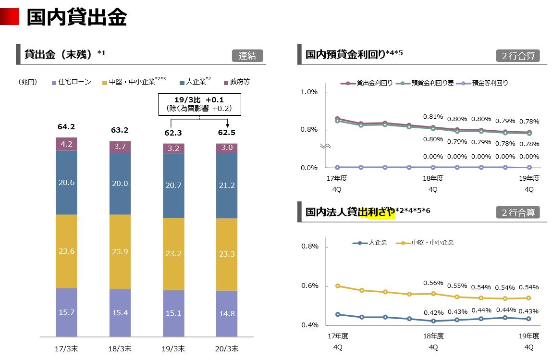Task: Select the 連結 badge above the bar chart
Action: point(247,56)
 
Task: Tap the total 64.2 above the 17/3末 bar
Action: point(66,127)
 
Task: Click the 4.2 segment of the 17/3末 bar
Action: point(66,144)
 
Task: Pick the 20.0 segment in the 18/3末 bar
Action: point(120,183)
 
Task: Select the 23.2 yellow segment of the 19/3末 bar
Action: point(173,253)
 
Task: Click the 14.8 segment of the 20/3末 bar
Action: point(226,314)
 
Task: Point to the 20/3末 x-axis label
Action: point(226,348)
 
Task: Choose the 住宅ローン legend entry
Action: point(71,82)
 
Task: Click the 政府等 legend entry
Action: point(236,82)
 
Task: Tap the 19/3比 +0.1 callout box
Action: point(199,104)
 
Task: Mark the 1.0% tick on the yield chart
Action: point(309,92)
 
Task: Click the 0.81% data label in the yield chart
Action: point(433,117)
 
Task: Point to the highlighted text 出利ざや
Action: point(377,212)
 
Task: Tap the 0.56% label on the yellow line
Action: point(433,283)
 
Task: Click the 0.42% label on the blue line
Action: point(433,312)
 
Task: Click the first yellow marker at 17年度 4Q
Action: point(338,286)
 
